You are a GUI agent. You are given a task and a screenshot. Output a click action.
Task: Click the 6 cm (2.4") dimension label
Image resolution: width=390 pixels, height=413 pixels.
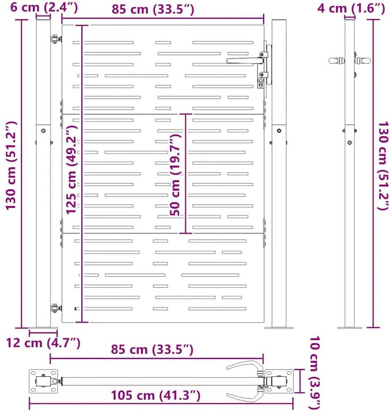point(44,7)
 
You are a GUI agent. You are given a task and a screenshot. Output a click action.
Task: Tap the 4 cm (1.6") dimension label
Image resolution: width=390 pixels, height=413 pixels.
point(351,8)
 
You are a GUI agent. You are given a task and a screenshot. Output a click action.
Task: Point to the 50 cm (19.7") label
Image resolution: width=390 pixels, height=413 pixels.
point(175,175)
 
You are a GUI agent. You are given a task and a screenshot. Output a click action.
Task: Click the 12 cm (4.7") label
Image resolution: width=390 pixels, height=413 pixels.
point(43,342)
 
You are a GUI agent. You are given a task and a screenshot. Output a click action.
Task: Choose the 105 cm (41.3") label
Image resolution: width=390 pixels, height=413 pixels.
point(156,395)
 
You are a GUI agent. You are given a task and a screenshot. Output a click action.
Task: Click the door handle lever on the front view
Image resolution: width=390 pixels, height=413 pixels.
point(245,61)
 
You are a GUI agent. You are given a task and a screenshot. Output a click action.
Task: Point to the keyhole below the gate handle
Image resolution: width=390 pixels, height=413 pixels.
point(261,83)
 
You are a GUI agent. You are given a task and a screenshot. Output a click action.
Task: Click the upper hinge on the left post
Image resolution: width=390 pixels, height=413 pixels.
point(56,39)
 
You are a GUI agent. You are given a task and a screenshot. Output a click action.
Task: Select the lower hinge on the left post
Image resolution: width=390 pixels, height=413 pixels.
point(56,308)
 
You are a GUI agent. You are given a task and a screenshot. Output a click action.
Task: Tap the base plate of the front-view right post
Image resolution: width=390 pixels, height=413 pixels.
point(279,327)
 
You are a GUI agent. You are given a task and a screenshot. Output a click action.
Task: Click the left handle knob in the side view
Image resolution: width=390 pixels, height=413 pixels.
point(337,61)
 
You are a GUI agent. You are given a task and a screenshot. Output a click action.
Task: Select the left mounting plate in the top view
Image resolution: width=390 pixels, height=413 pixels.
point(43,381)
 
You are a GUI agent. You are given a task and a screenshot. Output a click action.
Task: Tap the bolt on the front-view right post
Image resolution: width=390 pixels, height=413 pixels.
point(279,130)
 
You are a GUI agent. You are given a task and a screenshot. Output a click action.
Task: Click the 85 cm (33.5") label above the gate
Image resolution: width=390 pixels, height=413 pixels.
point(153,9)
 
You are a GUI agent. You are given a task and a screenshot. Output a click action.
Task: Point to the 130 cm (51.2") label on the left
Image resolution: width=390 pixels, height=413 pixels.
point(11,166)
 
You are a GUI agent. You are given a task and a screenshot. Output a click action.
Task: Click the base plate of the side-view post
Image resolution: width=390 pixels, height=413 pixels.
point(349,327)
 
